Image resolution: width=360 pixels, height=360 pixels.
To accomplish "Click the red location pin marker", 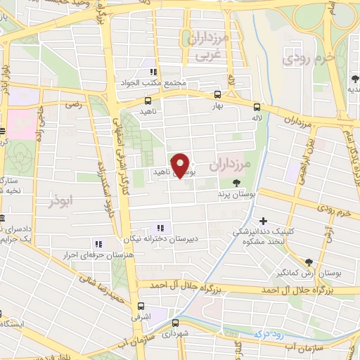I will (181, 165).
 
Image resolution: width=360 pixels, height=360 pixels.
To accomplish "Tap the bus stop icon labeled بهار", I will (217, 94).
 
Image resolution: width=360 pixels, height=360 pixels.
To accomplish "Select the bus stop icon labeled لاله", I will (257, 107).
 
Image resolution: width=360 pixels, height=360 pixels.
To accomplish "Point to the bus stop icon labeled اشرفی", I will (142, 306).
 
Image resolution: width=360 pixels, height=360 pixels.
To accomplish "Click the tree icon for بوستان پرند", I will (234, 181).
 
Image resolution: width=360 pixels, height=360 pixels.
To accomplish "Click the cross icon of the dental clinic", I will (262, 221).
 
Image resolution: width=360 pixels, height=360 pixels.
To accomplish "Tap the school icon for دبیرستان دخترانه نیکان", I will (160, 227).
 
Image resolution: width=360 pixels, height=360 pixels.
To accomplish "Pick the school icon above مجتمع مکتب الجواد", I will (150, 72).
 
